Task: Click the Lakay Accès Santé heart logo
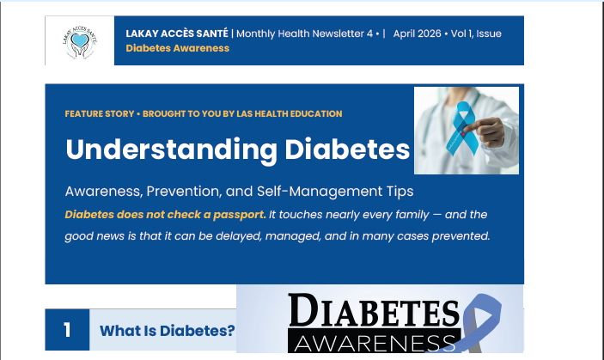click(x=79, y=41)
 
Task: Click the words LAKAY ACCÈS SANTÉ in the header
click(x=177, y=34)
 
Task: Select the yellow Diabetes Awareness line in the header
click(x=177, y=48)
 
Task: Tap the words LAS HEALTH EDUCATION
click(x=291, y=113)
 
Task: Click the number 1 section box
click(x=67, y=330)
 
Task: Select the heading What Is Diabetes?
click(x=167, y=331)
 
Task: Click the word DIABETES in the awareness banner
click(x=375, y=312)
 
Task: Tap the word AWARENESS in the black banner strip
click(x=374, y=344)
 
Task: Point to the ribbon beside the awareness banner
click(x=482, y=322)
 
